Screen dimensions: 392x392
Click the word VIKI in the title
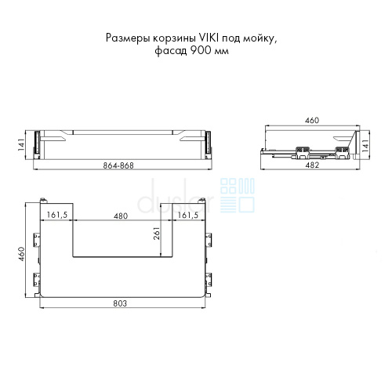point(207,38)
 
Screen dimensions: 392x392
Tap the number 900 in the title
point(201,50)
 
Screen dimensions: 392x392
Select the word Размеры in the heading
point(128,38)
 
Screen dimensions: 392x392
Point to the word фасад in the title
point(171,51)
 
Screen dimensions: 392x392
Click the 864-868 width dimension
point(118,165)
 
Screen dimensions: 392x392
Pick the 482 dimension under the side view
point(312,165)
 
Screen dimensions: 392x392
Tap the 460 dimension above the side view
point(312,121)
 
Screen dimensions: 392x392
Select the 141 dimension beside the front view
point(21,144)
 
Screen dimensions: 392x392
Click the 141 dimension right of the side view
point(365,146)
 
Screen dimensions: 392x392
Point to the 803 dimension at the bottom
point(120,303)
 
